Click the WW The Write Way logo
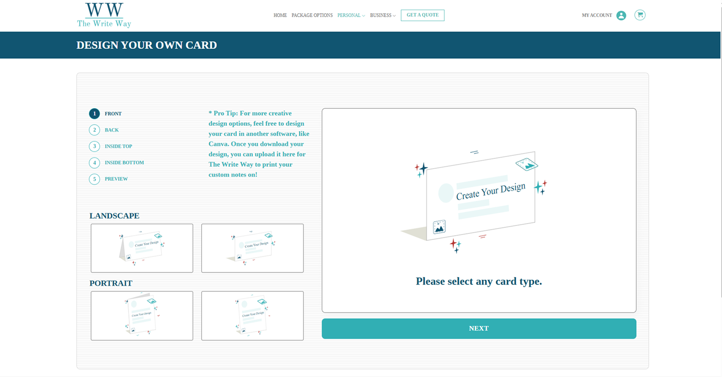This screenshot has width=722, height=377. pyautogui.click(x=104, y=15)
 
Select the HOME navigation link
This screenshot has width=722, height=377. pyautogui.click(x=280, y=16)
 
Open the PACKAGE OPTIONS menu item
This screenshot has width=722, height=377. pyautogui.click(x=312, y=16)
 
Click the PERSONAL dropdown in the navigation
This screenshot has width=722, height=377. pyautogui.click(x=351, y=16)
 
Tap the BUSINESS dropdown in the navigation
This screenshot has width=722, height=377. pyautogui.click(x=383, y=16)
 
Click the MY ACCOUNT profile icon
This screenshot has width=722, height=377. pyautogui.click(x=621, y=16)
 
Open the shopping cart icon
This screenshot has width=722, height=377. pyautogui.click(x=640, y=15)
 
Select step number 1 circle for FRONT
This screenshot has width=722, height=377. pyautogui.click(x=94, y=114)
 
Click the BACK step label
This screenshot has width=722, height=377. pyautogui.click(x=112, y=130)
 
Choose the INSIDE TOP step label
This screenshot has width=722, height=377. pyautogui.click(x=118, y=146)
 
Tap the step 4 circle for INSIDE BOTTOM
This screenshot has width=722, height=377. pyautogui.click(x=94, y=163)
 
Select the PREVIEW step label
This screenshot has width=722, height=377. pyautogui.click(x=116, y=179)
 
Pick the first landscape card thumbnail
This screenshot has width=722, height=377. pyautogui.click(x=142, y=248)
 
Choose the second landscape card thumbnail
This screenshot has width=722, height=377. pyautogui.click(x=252, y=248)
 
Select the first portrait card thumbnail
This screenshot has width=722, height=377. pyautogui.click(x=142, y=316)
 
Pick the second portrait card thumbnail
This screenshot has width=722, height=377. pyautogui.click(x=252, y=316)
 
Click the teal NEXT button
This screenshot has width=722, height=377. pyautogui.click(x=479, y=328)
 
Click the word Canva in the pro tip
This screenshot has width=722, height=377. pyautogui.click(x=218, y=144)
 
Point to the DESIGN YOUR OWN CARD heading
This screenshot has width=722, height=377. pyautogui.click(x=147, y=45)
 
